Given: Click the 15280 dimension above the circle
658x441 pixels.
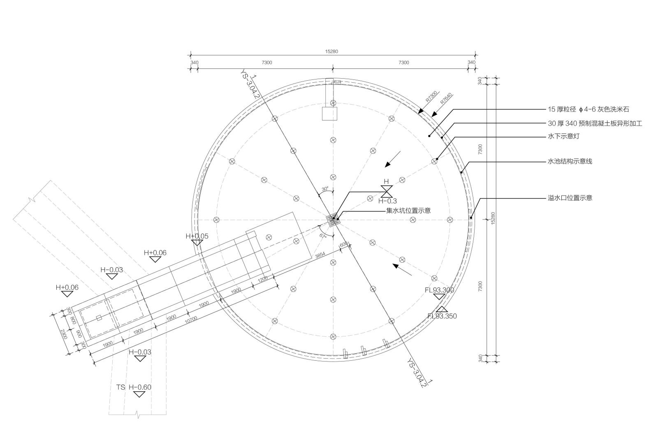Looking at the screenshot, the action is (x=331, y=51).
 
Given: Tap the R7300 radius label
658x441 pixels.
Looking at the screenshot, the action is (x=431, y=96).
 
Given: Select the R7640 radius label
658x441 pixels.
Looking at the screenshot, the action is (x=446, y=98).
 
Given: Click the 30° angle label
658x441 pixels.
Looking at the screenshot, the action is (x=325, y=189).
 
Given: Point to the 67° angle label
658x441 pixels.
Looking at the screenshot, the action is (x=323, y=236).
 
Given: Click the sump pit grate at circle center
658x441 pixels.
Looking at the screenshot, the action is (x=333, y=220).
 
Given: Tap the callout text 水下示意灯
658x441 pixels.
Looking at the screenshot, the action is (x=563, y=136).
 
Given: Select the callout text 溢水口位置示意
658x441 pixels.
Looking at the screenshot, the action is (x=570, y=198).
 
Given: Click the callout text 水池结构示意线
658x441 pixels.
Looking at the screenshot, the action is (x=570, y=161).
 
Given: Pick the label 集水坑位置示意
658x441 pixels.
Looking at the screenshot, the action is (x=408, y=211).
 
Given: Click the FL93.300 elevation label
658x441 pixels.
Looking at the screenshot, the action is (x=439, y=290).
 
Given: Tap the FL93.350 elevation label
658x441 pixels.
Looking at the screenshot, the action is (x=442, y=316).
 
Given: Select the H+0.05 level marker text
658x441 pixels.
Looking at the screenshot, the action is (x=197, y=236).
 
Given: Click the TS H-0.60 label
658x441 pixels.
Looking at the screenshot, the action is (x=134, y=387).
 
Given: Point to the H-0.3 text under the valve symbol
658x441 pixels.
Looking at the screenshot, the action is (x=387, y=201).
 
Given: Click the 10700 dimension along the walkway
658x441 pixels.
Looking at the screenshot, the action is (x=191, y=320).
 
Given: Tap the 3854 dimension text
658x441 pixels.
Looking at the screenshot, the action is (x=320, y=255).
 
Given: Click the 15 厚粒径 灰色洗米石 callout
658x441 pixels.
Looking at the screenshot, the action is (x=588, y=110).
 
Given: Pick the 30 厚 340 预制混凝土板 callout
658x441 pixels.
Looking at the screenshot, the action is (x=595, y=124).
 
